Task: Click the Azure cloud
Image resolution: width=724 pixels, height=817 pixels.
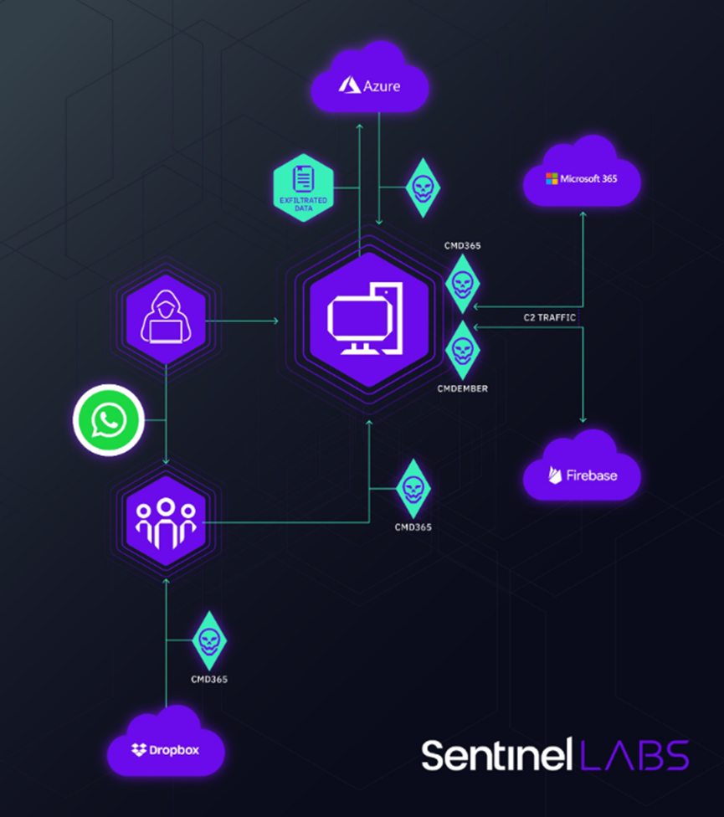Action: pos(369,82)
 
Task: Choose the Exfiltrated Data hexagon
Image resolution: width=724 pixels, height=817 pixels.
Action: pos(303,185)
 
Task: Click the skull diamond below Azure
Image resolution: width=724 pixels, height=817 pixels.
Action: pos(422,186)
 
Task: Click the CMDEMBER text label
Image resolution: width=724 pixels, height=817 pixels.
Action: pos(462,389)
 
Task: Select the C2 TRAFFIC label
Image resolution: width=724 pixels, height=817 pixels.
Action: pos(547,316)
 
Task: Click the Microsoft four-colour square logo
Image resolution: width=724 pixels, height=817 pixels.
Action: pos(552,178)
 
